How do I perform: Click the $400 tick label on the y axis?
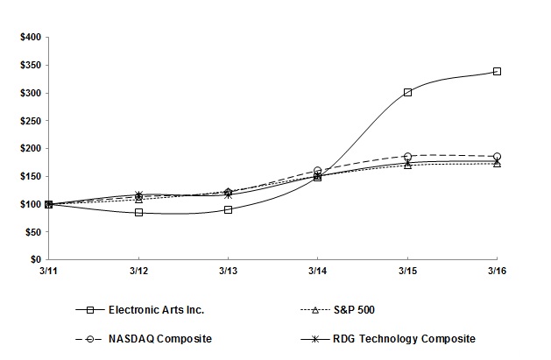(x=29, y=37)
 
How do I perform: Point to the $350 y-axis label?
(x=29, y=65)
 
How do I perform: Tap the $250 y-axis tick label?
(x=29, y=121)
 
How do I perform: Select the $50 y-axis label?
(x=31, y=232)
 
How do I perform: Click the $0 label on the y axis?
(x=34, y=260)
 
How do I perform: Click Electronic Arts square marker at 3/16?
(x=497, y=71)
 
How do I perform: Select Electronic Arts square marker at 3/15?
(x=407, y=92)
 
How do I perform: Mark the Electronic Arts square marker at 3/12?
(x=138, y=212)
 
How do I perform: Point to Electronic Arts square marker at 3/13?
(x=228, y=209)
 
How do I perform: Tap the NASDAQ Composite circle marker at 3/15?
(x=407, y=157)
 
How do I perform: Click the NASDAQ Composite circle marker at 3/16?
(x=497, y=157)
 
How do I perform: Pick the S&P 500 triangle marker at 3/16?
(x=497, y=164)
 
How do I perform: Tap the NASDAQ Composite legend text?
(x=159, y=338)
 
